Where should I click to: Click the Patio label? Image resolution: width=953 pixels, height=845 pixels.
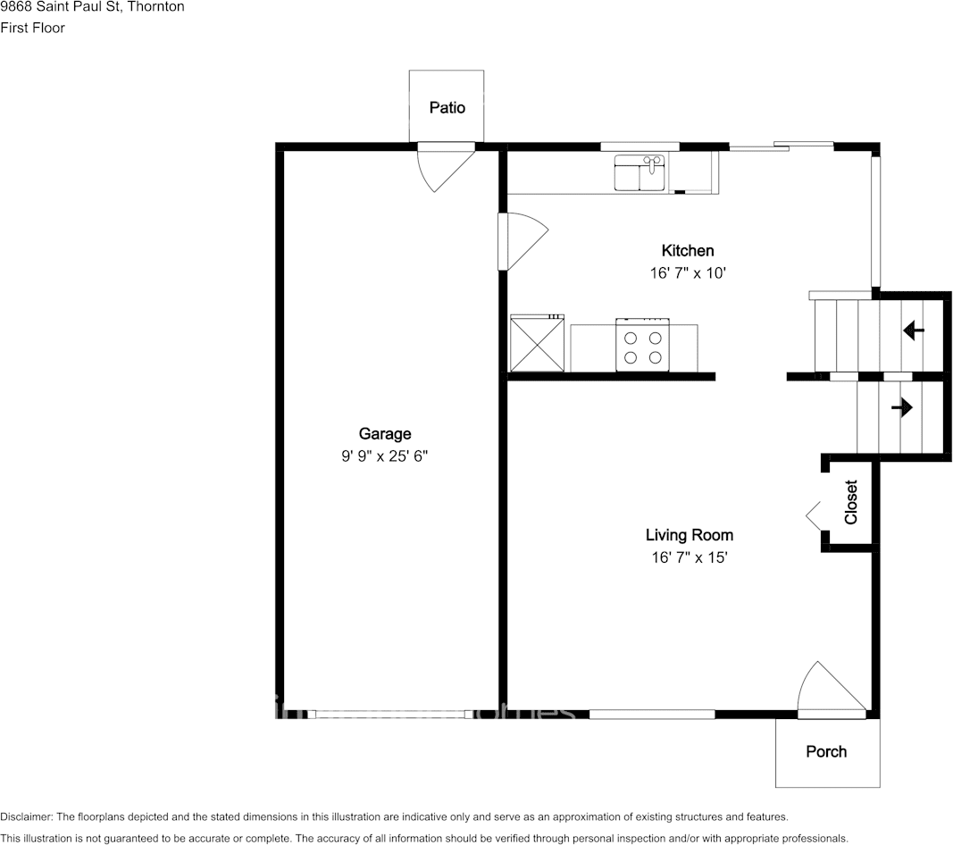(x=447, y=108)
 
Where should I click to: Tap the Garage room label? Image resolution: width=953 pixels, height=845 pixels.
(x=385, y=434)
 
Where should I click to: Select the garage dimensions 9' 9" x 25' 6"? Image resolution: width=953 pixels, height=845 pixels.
(x=385, y=456)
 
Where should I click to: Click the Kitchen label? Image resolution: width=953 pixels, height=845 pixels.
(x=687, y=251)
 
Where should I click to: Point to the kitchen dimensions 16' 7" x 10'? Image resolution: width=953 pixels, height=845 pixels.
(x=687, y=273)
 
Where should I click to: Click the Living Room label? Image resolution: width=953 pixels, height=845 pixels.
(x=689, y=535)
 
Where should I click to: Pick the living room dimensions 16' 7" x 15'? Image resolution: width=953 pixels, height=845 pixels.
(x=689, y=558)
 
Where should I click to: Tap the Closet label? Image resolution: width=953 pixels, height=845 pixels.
(x=851, y=502)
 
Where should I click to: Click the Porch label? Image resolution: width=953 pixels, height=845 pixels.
(x=826, y=752)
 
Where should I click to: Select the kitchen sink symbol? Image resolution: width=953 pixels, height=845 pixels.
(x=640, y=173)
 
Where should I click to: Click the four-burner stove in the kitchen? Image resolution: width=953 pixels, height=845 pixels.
(x=643, y=346)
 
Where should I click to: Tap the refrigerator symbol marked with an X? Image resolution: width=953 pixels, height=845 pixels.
(x=537, y=344)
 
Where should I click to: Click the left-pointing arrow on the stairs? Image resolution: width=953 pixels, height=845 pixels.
(x=913, y=331)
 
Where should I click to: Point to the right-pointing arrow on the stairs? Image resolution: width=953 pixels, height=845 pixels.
(x=901, y=408)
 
